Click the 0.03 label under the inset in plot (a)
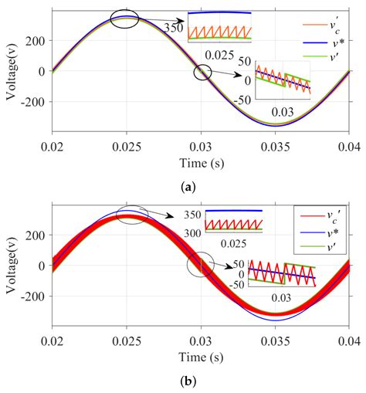(x=281, y=113)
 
